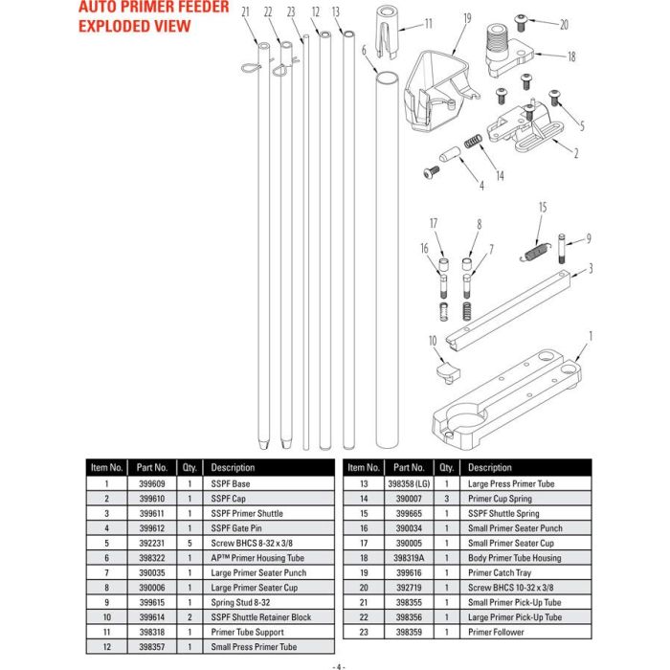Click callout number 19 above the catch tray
466,18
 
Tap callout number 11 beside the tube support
428,22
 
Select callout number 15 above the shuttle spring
542,206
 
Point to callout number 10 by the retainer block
433,341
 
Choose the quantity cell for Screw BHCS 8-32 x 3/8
190,544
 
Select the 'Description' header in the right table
490,468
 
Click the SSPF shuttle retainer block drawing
446,368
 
